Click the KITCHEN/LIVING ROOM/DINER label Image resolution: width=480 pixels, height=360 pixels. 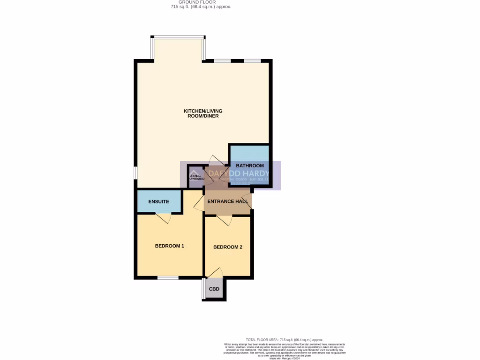tap(203, 113)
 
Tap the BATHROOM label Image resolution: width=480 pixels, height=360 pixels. tap(249, 166)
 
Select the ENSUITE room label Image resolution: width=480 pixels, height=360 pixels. tap(158, 202)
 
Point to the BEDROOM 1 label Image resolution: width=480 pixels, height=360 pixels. tap(169, 246)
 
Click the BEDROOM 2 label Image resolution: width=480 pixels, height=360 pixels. tap(227, 247)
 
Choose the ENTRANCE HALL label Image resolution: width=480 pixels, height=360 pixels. tap(227, 202)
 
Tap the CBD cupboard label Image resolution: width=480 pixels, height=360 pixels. tap(214, 289)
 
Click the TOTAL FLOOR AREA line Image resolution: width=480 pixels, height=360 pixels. tap(285, 339)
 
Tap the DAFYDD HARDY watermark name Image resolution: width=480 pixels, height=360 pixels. tap(239, 173)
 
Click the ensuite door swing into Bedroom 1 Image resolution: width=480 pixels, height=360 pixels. tap(163, 218)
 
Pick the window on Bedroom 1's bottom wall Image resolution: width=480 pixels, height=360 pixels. tap(167, 278)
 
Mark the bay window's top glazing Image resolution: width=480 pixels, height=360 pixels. tap(178, 37)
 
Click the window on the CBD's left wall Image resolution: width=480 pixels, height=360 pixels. tap(204, 290)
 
